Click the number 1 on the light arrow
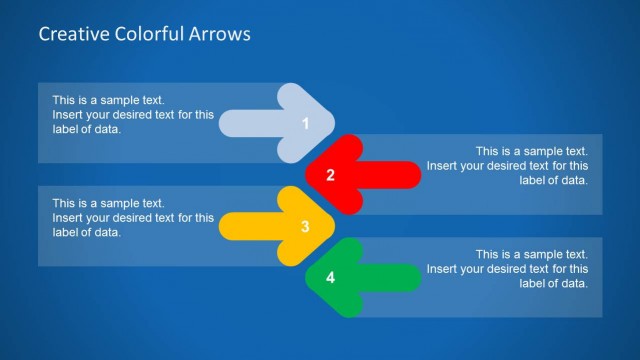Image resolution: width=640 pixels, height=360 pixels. pos(305,124)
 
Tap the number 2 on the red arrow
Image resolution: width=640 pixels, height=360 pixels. pos(331,176)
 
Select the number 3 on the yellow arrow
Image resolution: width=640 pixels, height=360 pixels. pos(305,227)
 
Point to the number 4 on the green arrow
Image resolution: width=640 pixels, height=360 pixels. pos(331,278)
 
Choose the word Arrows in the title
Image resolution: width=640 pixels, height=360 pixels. pos(219,34)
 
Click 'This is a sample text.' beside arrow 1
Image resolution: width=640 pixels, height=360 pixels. pos(108,100)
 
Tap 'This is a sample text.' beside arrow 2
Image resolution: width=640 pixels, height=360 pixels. pos(531,152)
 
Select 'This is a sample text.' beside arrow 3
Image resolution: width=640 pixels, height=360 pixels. pos(108,203)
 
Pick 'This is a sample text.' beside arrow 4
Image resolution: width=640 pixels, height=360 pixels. pos(531,255)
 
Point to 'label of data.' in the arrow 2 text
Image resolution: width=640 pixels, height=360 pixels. pos(554,180)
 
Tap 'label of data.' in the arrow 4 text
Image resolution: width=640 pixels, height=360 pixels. pos(554,283)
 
